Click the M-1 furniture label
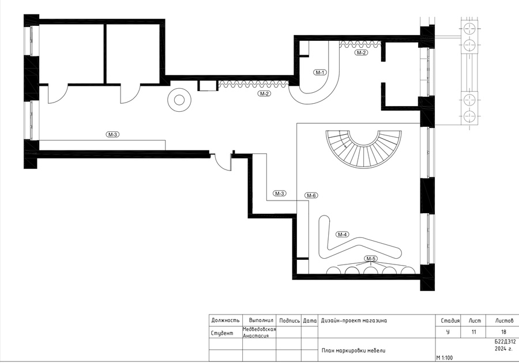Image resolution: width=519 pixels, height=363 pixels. [x=320, y=73]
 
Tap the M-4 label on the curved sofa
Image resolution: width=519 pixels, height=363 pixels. [x=342, y=235]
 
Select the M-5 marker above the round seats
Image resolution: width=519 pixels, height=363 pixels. [x=371, y=259]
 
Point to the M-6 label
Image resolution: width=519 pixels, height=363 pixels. [x=311, y=195]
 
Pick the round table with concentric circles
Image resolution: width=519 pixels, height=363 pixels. [x=179, y=100]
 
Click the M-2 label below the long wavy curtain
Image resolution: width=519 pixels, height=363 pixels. [x=264, y=93]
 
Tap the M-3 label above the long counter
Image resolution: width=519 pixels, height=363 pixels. [x=112, y=135]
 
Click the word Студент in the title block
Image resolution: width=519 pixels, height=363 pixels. [x=222, y=333]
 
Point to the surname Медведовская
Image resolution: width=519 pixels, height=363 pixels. [x=259, y=329]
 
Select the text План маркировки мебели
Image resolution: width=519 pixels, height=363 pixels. [x=353, y=350]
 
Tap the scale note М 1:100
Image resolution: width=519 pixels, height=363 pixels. [x=445, y=358]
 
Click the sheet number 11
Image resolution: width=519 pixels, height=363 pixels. [x=473, y=332]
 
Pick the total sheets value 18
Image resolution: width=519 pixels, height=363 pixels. [x=503, y=332]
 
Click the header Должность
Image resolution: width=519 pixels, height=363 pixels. [x=225, y=320]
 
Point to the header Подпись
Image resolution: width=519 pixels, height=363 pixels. [x=289, y=321]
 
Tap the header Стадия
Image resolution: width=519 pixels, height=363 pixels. [x=450, y=321]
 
